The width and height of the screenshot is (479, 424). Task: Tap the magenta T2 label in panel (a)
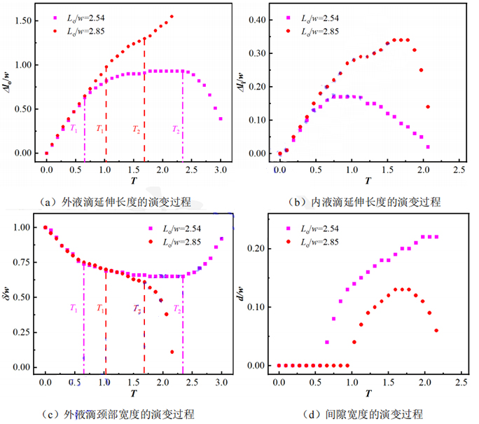coord(176,129)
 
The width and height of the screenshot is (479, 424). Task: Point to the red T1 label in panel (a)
coord(99,129)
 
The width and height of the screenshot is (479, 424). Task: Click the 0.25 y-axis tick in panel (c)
coord(22,332)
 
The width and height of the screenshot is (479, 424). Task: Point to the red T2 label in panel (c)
coord(138,309)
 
